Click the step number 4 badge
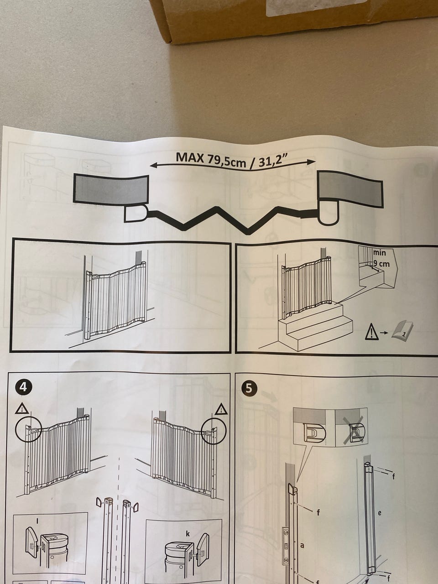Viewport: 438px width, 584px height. tap(23, 387)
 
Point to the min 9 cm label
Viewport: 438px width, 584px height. tap(381, 258)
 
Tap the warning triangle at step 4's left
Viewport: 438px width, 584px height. tap(22, 408)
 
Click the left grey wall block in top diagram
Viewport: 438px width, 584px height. tap(111, 190)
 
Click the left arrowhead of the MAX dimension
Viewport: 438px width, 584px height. tap(153, 166)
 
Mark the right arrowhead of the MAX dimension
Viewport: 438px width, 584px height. tap(312, 162)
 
